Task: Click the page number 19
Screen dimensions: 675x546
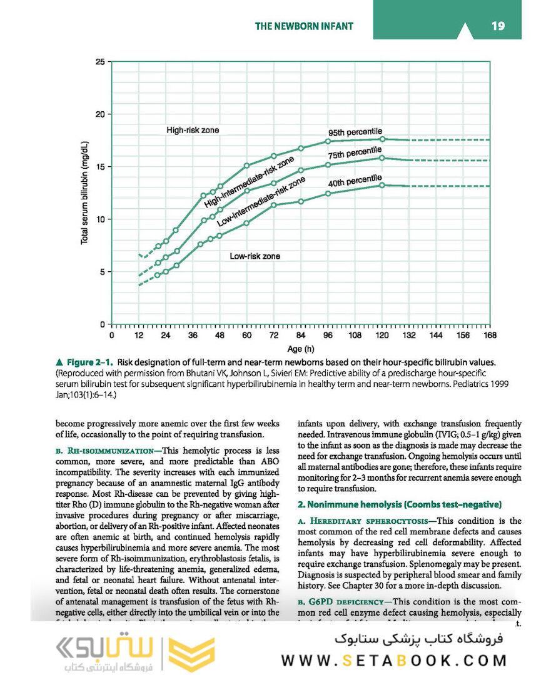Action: coord(498,26)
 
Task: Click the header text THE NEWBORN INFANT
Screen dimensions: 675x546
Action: coord(304,26)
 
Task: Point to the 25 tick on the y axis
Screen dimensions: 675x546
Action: coord(100,62)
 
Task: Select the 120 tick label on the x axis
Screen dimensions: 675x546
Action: coord(382,336)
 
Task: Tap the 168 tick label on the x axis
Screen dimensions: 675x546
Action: coord(490,336)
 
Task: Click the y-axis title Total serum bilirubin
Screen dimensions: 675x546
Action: coord(85,193)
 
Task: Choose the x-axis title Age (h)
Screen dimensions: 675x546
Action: coord(301,349)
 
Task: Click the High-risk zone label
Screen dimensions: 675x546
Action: coord(193,130)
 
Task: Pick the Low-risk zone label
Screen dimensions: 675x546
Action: coord(255,256)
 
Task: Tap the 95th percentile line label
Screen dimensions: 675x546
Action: coord(355,132)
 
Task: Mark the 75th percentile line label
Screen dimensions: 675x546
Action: coord(355,153)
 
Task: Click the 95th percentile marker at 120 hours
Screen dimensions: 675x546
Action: coord(382,139)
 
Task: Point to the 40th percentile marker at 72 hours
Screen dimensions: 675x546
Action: coord(274,205)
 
